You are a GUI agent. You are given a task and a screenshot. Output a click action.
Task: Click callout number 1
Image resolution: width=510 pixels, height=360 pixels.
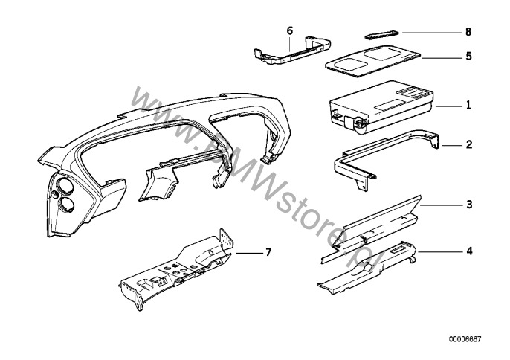point(469,106)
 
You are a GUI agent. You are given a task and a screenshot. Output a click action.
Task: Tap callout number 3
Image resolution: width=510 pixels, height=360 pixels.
point(469,203)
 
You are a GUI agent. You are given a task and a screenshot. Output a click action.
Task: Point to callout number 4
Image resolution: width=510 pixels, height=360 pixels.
point(469,251)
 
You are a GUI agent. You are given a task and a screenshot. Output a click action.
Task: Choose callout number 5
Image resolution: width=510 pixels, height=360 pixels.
point(469,55)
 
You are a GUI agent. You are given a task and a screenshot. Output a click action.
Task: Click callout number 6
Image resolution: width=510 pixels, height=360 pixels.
point(290,30)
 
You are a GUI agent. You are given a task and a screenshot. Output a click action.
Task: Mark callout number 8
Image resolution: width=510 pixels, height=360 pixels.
point(469,33)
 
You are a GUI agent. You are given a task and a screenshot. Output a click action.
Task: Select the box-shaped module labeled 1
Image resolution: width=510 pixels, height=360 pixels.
point(379,104)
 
